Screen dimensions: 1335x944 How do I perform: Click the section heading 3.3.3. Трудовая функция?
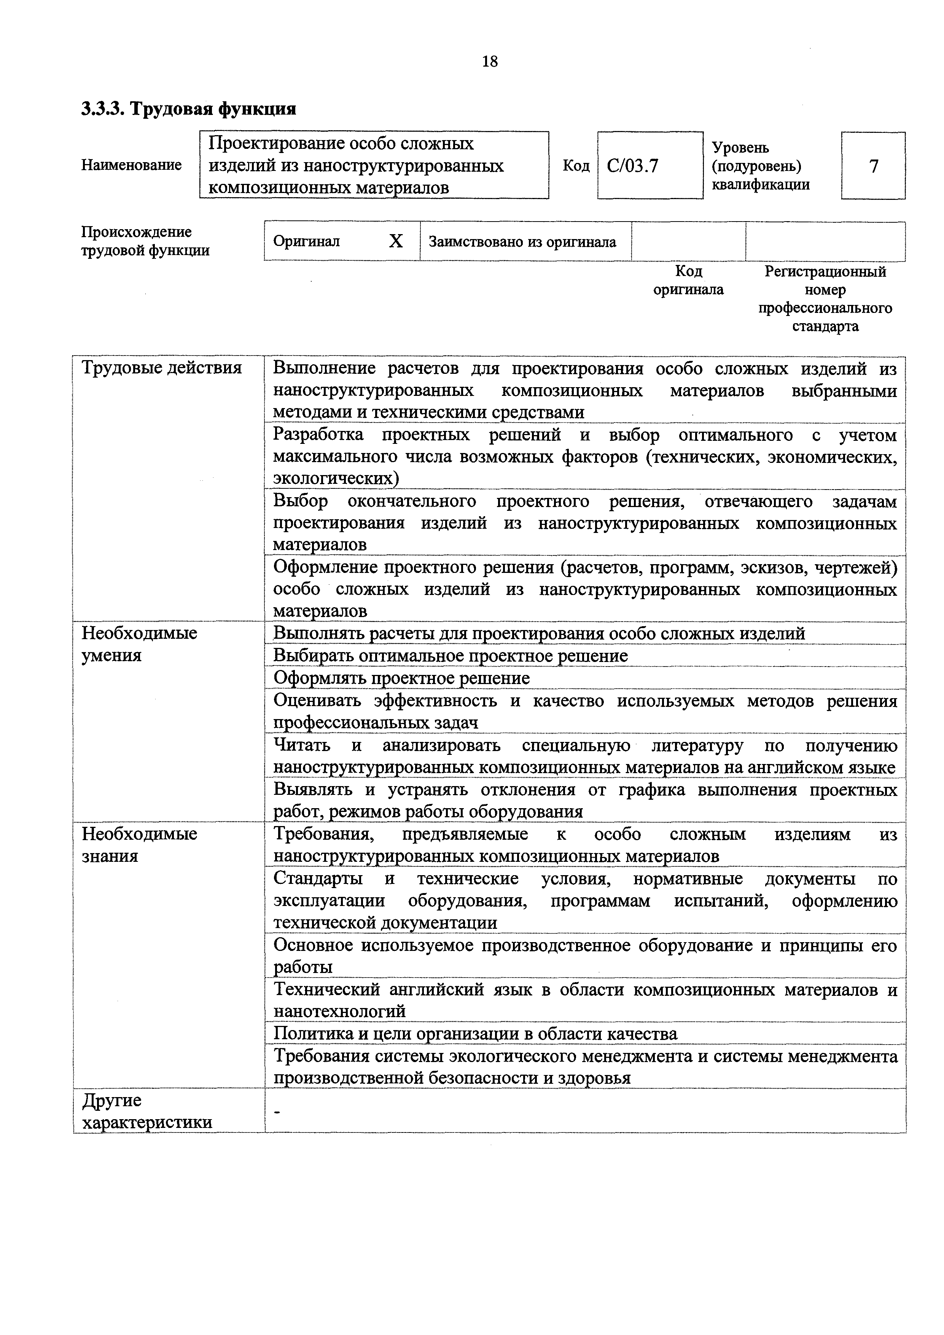point(189,109)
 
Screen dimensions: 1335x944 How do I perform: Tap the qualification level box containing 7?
point(873,166)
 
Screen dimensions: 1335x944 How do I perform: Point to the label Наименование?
point(131,165)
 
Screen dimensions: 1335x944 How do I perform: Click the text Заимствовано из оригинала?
point(522,242)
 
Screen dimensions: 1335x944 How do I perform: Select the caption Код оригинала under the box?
point(688,280)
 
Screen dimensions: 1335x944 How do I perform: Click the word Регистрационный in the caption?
point(825,271)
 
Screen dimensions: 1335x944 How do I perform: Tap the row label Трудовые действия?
point(162,367)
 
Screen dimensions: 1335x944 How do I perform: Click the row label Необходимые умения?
point(140,644)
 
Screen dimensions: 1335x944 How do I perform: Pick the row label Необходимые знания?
point(140,844)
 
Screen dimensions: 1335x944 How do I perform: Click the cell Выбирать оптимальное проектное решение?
point(451,656)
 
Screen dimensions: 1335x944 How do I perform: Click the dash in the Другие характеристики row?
point(277,1112)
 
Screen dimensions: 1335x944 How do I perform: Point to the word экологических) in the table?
point(337,478)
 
